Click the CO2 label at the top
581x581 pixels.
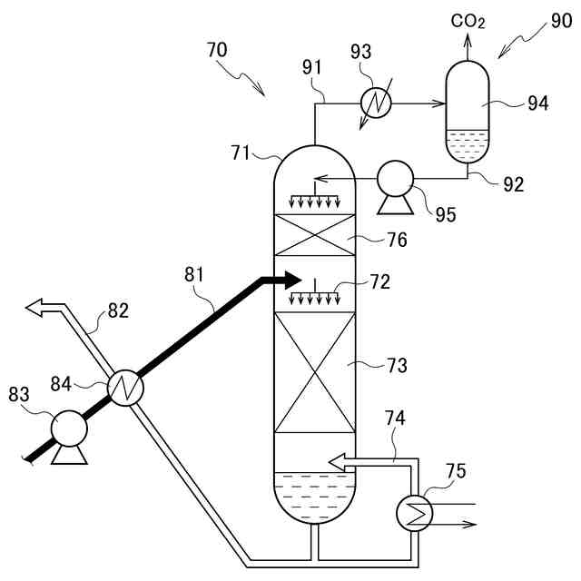click(x=468, y=20)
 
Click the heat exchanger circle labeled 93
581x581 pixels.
click(x=375, y=103)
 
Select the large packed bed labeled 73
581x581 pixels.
click(x=314, y=372)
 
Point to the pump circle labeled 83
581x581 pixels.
click(x=69, y=426)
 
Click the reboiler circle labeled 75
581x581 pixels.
click(x=415, y=513)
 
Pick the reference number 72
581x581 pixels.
click(x=379, y=281)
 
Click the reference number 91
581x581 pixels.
click(x=313, y=66)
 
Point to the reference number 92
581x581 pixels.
click(x=513, y=184)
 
